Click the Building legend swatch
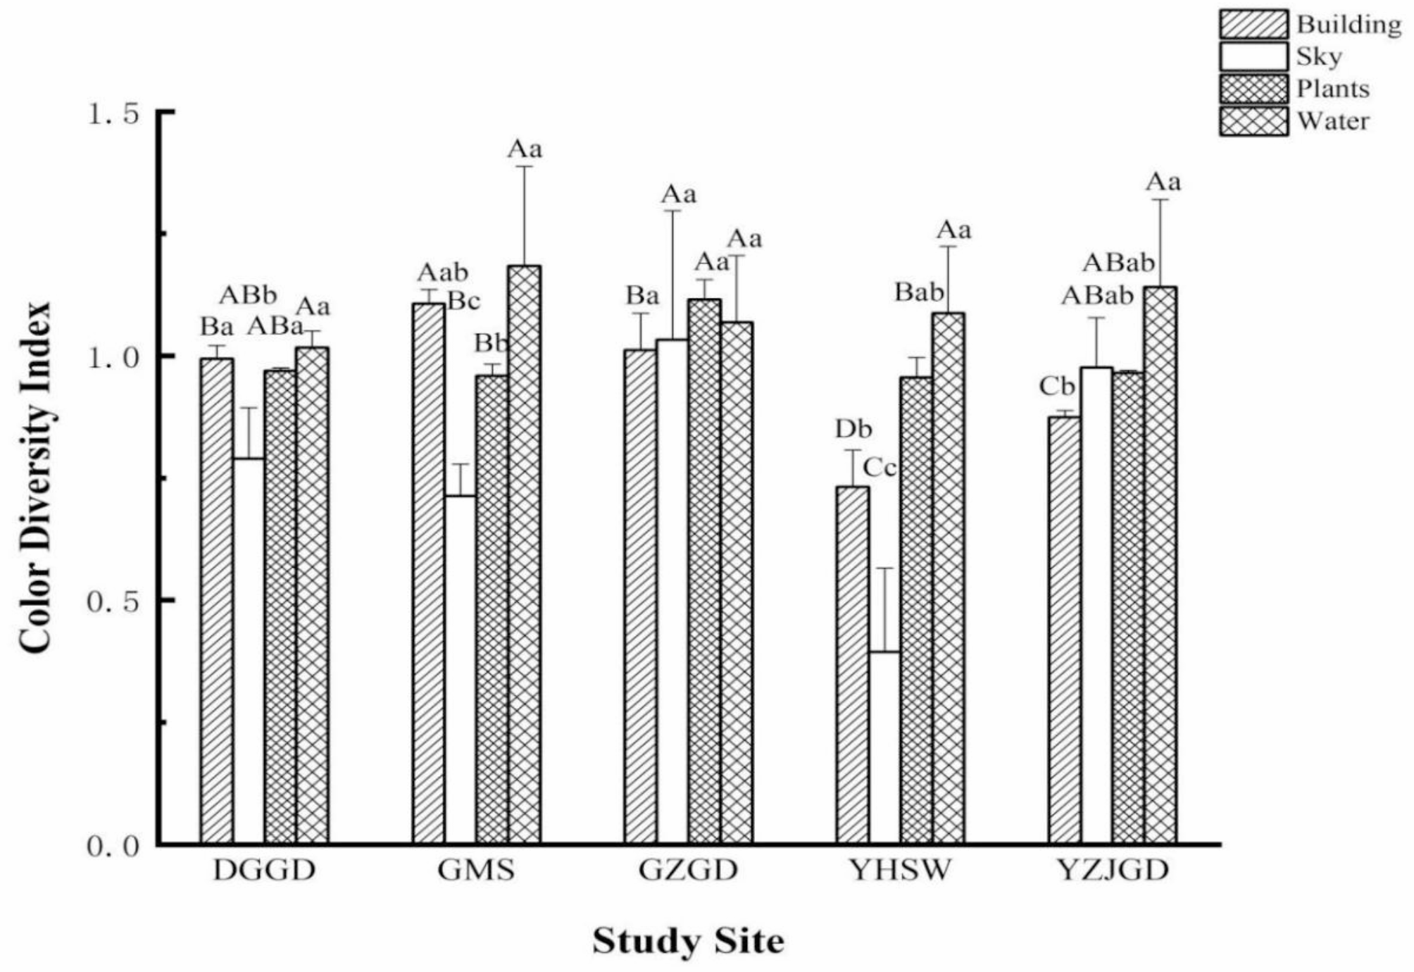click(1253, 25)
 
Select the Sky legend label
click(1319, 57)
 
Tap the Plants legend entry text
click(1333, 89)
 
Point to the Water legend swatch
click(1253, 121)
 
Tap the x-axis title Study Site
click(688, 941)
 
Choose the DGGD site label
click(264, 871)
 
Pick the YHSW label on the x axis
click(901, 871)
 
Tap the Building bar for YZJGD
click(1064, 630)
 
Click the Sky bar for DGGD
click(249, 651)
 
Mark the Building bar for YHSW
click(852, 666)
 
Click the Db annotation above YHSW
click(853, 428)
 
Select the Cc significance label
click(880, 467)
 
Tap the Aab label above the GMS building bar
click(443, 272)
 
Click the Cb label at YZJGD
click(1058, 387)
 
